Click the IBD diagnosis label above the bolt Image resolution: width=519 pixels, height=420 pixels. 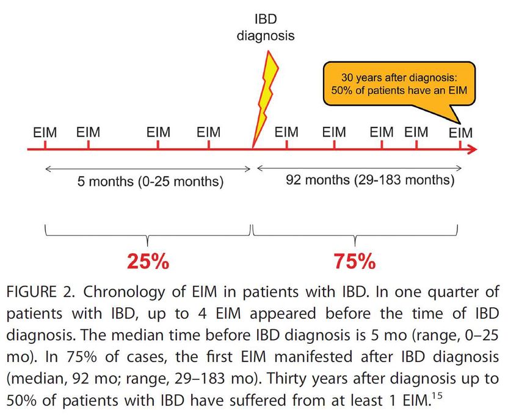[x=266, y=28]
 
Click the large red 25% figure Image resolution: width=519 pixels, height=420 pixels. [x=148, y=261]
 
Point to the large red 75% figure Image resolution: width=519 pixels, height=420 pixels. [x=354, y=261]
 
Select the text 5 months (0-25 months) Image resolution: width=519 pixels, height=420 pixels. [x=150, y=181]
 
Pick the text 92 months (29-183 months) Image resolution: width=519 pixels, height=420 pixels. [x=370, y=180]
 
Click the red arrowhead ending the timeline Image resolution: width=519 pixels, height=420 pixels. [x=472, y=148]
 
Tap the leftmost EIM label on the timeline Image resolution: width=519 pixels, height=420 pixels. [x=45, y=132]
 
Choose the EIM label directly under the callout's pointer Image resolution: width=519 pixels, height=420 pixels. [x=460, y=133]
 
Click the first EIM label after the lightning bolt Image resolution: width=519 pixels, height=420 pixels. [x=286, y=132]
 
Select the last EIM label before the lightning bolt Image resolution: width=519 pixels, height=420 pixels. [x=209, y=132]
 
